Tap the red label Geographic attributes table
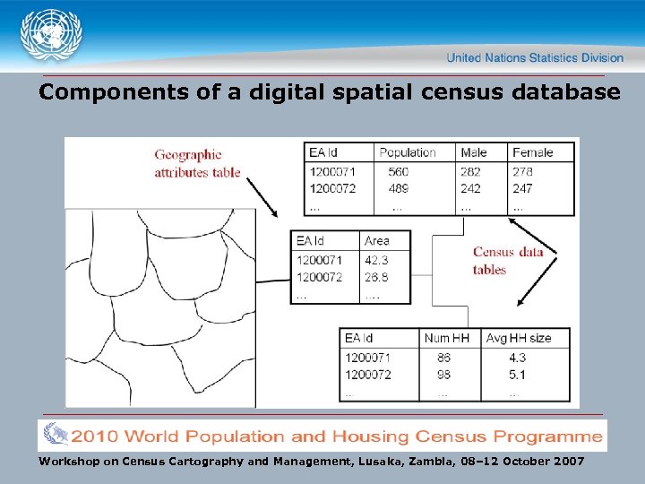(197, 164)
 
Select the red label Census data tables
(508, 261)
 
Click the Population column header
(407, 152)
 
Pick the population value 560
(398, 171)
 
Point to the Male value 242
(470, 188)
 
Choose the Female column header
(532, 152)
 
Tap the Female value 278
(522, 171)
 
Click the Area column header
(377, 241)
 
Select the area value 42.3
(377, 260)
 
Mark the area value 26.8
(377, 277)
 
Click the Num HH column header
(446, 338)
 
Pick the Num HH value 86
(443, 358)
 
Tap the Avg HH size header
(518, 338)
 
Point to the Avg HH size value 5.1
(517, 375)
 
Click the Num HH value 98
(443, 375)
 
